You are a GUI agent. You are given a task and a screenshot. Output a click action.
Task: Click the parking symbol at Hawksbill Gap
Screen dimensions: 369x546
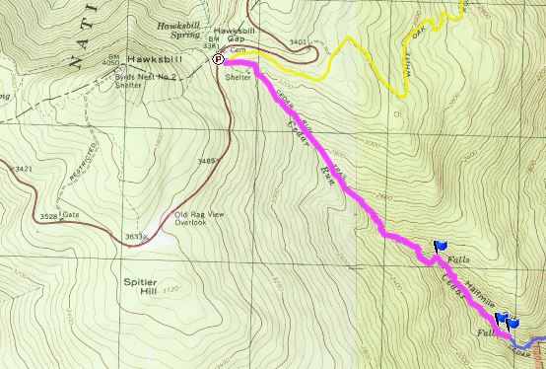(219, 59)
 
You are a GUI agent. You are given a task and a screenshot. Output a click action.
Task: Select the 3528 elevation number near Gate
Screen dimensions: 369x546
(42, 214)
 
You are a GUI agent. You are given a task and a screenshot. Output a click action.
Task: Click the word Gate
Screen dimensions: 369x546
(70, 215)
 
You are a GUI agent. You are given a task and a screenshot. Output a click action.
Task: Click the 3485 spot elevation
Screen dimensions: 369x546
(206, 160)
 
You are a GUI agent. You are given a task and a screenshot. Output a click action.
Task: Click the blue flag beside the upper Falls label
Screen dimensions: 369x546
(440, 245)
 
